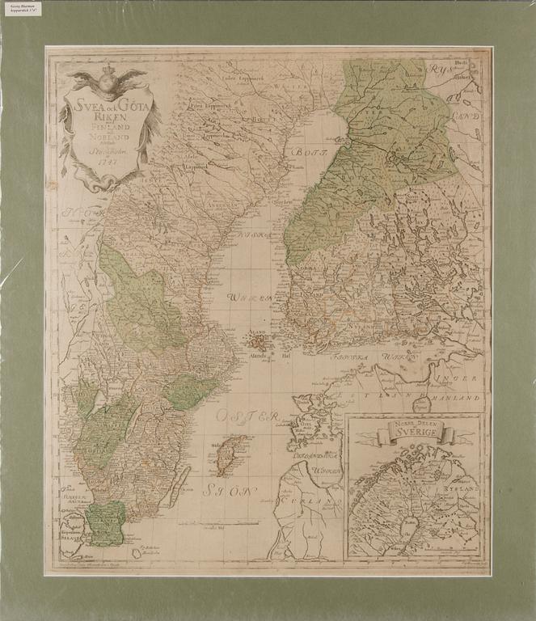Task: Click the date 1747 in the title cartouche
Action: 107,158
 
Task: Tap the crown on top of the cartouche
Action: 108,75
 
